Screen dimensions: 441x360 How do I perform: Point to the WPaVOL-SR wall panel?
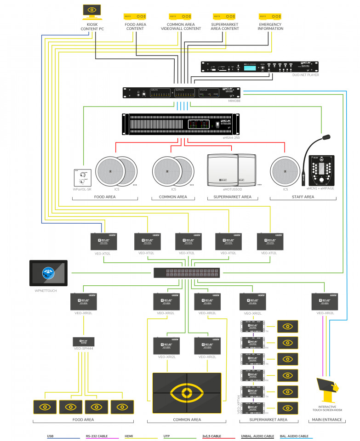tap(84, 177)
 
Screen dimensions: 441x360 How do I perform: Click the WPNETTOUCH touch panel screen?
tap(48, 273)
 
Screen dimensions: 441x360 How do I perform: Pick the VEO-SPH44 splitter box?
tap(84, 342)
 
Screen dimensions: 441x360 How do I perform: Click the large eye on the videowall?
tap(187, 393)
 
